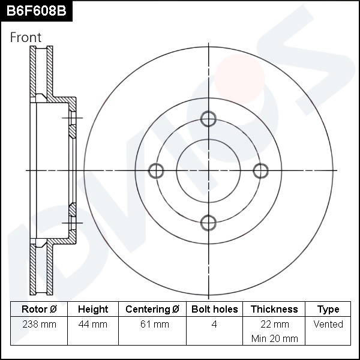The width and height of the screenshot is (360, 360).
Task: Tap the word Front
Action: (x=26, y=37)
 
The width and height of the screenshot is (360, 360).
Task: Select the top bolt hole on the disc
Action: (x=208, y=119)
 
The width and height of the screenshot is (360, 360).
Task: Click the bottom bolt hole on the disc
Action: (x=208, y=223)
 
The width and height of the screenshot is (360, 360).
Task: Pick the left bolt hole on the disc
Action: (x=156, y=171)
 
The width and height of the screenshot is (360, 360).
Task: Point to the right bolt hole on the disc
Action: (x=260, y=171)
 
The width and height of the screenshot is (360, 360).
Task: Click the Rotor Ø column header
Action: (x=39, y=310)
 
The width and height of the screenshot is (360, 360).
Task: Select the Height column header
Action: (x=93, y=310)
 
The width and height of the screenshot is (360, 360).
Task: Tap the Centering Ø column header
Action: (x=152, y=310)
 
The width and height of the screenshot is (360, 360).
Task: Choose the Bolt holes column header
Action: (x=214, y=310)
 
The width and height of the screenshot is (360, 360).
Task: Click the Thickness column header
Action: (x=274, y=310)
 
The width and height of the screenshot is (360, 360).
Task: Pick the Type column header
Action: (x=328, y=310)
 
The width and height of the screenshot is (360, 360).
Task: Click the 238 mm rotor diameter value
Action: (x=39, y=325)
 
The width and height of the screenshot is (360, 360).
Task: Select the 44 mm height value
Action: (x=93, y=325)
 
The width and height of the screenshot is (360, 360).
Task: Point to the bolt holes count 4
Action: (x=214, y=325)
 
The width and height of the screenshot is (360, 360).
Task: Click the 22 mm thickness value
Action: (x=274, y=325)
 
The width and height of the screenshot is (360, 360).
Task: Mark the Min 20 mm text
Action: (x=274, y=338)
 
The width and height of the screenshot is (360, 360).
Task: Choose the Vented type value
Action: (x=328, y=325)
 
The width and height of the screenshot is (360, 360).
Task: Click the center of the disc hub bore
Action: (x=208, y=171)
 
